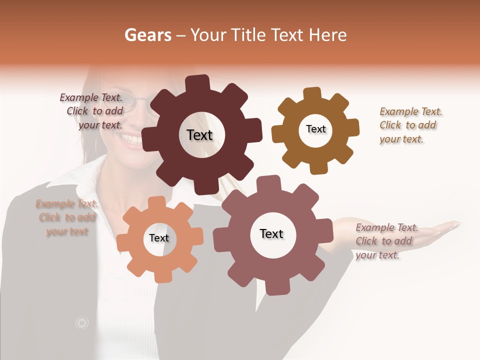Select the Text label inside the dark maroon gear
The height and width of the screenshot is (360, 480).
[199, 135]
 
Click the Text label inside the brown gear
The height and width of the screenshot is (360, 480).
[315, 129]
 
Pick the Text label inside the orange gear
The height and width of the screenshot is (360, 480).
[159, 238]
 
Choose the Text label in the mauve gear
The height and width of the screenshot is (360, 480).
[271, 233]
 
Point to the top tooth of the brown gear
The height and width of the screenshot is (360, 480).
[312, 94]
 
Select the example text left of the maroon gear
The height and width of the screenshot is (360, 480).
[92, 111]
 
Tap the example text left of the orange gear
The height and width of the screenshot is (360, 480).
[67, 217]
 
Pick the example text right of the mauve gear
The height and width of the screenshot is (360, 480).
[385, 241]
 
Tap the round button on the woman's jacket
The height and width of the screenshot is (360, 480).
[81, 323]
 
